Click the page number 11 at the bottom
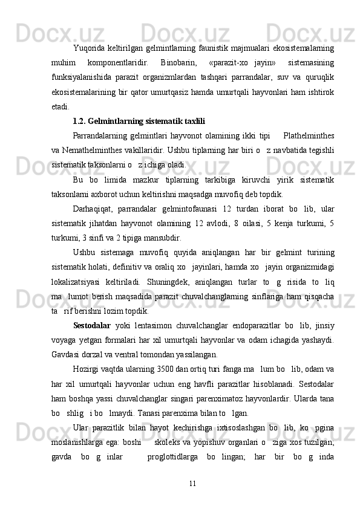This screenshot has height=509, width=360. pyautogui.click(x=193, y=484)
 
